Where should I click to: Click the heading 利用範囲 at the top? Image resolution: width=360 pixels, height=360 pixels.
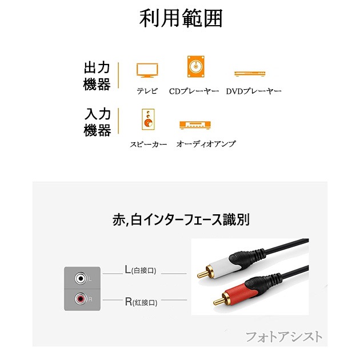(x=181, y=19)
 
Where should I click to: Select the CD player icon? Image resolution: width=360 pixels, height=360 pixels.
(x=194, y=66)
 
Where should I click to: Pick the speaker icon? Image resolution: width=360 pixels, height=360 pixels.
(x=147, y=119)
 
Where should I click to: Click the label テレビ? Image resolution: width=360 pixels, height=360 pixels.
(x=147, y=91)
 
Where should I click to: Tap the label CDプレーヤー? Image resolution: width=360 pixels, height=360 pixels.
(x=194, y=91)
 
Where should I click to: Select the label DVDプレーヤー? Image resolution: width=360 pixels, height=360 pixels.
(x=254, y=91)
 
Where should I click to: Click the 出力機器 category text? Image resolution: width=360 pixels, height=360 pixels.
(x=97, y=77)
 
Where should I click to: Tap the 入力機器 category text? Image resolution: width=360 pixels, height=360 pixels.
(x=97, y=123)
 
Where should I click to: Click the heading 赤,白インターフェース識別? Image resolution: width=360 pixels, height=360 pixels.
(x=181, y=219)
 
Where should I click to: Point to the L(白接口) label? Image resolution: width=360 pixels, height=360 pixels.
(x=140, y=270)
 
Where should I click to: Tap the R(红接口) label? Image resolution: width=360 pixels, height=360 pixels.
(x=141, y=301)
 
